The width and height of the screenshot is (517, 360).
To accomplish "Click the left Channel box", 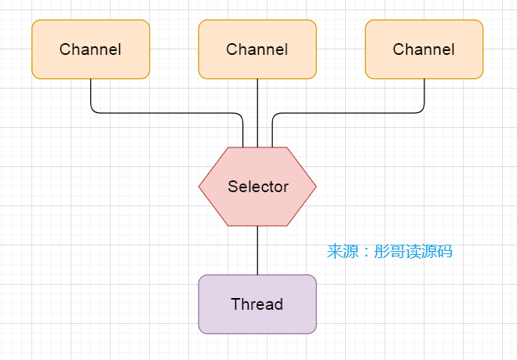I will click(90, 49).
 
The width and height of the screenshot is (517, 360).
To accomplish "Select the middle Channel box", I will click(257, 49).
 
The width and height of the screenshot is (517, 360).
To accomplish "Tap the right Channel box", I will click(424, 49).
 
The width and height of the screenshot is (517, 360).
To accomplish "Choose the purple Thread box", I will click(257, 304).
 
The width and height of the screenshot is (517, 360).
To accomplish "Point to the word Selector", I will click(258, 187).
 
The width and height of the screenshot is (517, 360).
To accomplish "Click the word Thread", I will click(257, 304).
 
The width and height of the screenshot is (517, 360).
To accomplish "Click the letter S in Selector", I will click(232, 187).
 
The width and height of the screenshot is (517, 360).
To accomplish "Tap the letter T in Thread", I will click(235, 304).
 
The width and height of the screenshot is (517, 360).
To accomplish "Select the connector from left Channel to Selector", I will click(165, 113).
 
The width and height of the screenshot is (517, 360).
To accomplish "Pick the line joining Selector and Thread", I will click(257, 250).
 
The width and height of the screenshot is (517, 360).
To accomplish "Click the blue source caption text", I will click(390, 252).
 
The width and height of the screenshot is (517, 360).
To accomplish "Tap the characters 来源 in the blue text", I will click(340, 252).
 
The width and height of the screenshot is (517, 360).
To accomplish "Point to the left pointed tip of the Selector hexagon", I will click(200, 187).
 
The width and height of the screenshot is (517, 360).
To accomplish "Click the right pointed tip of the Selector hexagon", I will click(315, 187).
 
